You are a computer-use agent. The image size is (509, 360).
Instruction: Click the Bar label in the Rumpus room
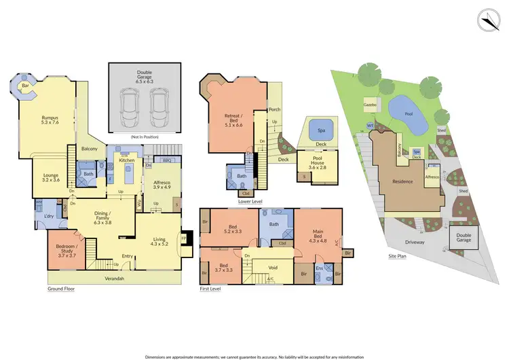[25, 86]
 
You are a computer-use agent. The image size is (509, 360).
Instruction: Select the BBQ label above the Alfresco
[167, 161]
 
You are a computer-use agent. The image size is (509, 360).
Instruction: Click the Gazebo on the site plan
[370, 107]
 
